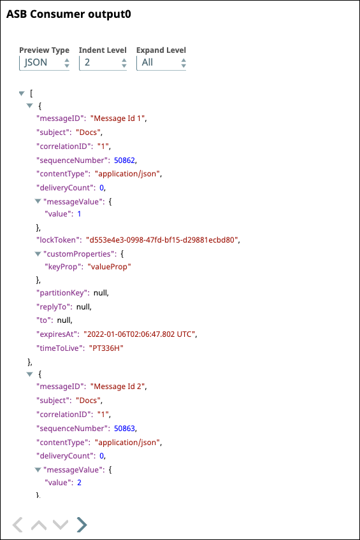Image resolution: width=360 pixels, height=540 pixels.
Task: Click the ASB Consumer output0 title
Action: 69,14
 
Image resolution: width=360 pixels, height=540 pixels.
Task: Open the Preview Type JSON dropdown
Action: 45,62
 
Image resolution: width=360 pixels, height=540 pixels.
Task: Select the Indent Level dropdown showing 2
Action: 103,62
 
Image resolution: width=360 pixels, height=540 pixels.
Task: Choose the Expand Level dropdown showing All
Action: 161,62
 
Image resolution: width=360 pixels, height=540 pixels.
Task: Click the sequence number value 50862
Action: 124,160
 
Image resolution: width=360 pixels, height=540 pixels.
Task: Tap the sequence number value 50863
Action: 124,429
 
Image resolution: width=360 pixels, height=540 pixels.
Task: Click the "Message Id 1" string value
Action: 117,118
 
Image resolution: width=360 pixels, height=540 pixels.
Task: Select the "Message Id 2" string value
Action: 117,387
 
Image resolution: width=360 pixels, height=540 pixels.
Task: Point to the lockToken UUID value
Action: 162,239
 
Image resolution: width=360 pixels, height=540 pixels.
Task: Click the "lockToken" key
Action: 59,239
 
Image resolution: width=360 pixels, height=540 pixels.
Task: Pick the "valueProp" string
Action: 109,267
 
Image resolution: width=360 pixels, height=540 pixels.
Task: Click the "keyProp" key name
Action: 64,267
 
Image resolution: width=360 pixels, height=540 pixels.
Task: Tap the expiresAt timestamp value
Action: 140,334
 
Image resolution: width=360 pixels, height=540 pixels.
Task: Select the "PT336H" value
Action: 106,348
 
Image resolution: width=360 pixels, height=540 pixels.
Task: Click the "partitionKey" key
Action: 62,293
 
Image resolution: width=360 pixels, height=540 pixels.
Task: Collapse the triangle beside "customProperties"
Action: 38,254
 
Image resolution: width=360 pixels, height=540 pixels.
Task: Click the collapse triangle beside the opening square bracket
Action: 22,94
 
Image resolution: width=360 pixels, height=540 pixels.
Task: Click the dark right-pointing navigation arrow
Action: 82,525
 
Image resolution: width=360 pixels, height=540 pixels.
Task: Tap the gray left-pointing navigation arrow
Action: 18,525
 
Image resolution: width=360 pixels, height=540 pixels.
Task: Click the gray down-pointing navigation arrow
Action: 61,525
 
